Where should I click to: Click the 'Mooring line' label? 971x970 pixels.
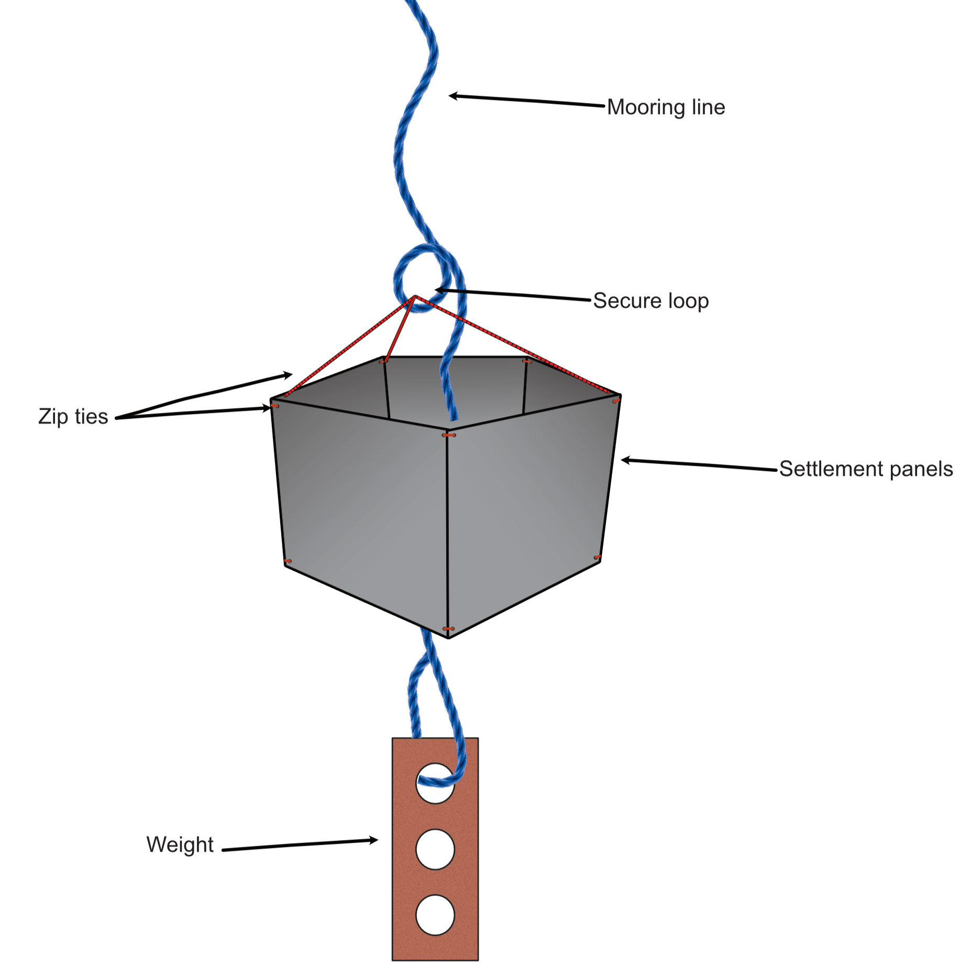tap(666, 107)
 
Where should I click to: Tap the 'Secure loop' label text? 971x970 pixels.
tap(650, 301)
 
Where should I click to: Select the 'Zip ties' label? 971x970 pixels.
tap(73, 417)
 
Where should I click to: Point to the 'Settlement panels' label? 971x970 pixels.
tap(866, 469)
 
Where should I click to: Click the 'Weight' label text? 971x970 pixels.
tap(180, 844)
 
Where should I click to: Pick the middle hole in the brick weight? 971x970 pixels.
tap(435, 849)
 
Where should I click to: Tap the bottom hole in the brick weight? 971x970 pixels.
tap(435, 915)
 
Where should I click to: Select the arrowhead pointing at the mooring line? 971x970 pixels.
tap(454, 96)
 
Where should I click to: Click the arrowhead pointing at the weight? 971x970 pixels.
tap(373, 840)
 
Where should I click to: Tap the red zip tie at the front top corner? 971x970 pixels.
tap(448, 435)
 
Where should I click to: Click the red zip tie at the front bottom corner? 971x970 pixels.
tap(448, 629)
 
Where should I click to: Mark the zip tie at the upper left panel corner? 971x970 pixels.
tap(274, 406)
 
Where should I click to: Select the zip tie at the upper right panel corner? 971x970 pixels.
tap(616, 400)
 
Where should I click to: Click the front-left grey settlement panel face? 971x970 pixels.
tap(361, 503)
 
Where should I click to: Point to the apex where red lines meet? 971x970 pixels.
tap(415, 297)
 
